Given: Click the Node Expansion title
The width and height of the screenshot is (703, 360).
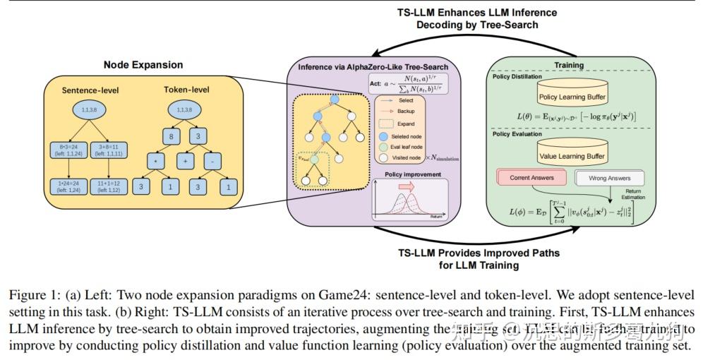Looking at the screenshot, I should point(143,65).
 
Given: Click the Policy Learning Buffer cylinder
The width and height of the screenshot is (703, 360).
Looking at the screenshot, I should point(572,96).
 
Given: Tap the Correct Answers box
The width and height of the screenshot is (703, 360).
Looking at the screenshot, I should point(531,178).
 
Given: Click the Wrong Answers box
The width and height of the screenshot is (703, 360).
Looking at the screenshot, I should point(608,179).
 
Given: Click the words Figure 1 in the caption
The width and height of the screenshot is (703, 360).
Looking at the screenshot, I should point(32,294).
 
